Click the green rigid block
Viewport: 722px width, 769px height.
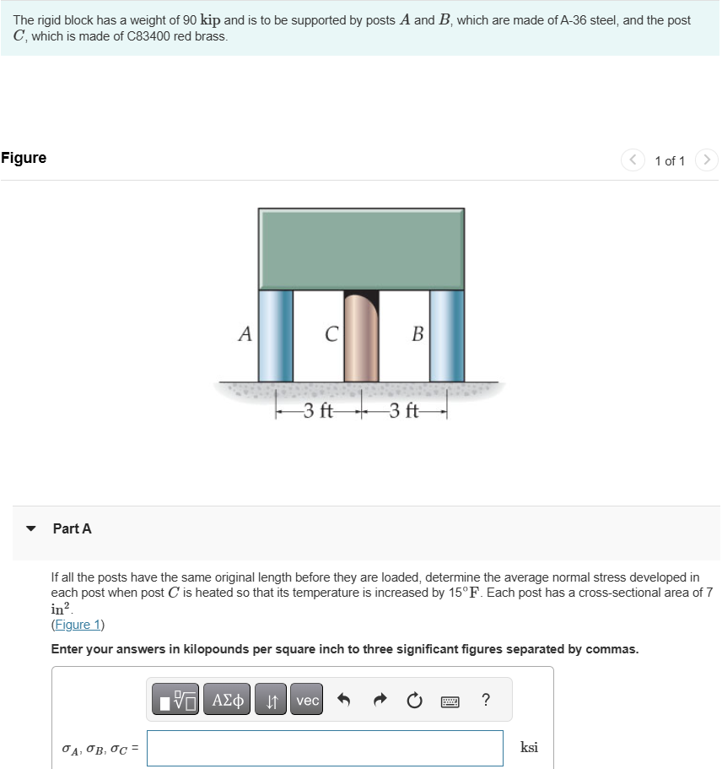coord(361,249)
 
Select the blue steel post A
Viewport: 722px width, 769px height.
coord(275,335)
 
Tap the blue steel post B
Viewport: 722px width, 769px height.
coord(446,335)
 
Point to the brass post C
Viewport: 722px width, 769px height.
coord(361,338)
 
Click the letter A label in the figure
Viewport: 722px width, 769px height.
coord(245,334)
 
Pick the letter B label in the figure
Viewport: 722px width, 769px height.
coord(417,334)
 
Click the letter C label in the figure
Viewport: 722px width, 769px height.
coord(331,335)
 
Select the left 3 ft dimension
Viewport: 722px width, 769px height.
coord(319,412)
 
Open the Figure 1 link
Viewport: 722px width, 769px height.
coord(78,625)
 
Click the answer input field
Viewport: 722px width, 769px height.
coord(325,748)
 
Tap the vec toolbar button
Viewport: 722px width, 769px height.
coord(308,700)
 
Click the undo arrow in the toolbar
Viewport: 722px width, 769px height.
coord(344,700)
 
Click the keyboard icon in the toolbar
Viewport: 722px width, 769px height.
coord(449,700)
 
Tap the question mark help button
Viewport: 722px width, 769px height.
coord(485,700)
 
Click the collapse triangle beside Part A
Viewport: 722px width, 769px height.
coord(31,529)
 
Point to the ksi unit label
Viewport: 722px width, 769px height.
coord(530,747)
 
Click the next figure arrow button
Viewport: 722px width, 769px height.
coord(707,160)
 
